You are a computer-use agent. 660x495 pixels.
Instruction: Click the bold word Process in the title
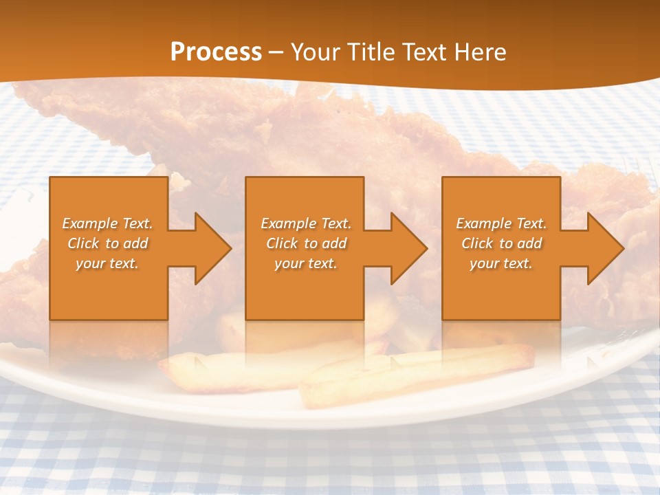pyautogui.click(x=216, y=52)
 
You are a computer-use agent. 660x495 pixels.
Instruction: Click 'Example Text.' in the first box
pyautogui.click(x=108, y=223)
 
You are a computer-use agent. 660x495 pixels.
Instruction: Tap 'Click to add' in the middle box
pyautogui.click(x=306, y=243)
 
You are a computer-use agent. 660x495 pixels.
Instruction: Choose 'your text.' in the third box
pyautogui.click(x=501, y=263)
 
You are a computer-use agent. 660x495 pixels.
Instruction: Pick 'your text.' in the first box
pyautogui.click(x=108, y=263)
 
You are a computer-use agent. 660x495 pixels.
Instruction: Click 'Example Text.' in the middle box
pyautogui.click(x=306, y=223)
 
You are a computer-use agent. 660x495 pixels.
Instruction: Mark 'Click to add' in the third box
pyautogui.click(x=501, y=243)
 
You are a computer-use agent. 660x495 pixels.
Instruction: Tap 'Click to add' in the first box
pyautogui.click(x=108, y=243)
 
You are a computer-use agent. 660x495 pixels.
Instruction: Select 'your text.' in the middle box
pyautogui.click(x=306, y=263)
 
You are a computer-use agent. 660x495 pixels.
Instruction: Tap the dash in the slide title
pyautogui.click(x=276, y=52)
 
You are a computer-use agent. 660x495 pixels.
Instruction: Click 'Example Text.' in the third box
pyautogui.click(x=501, y=223)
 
